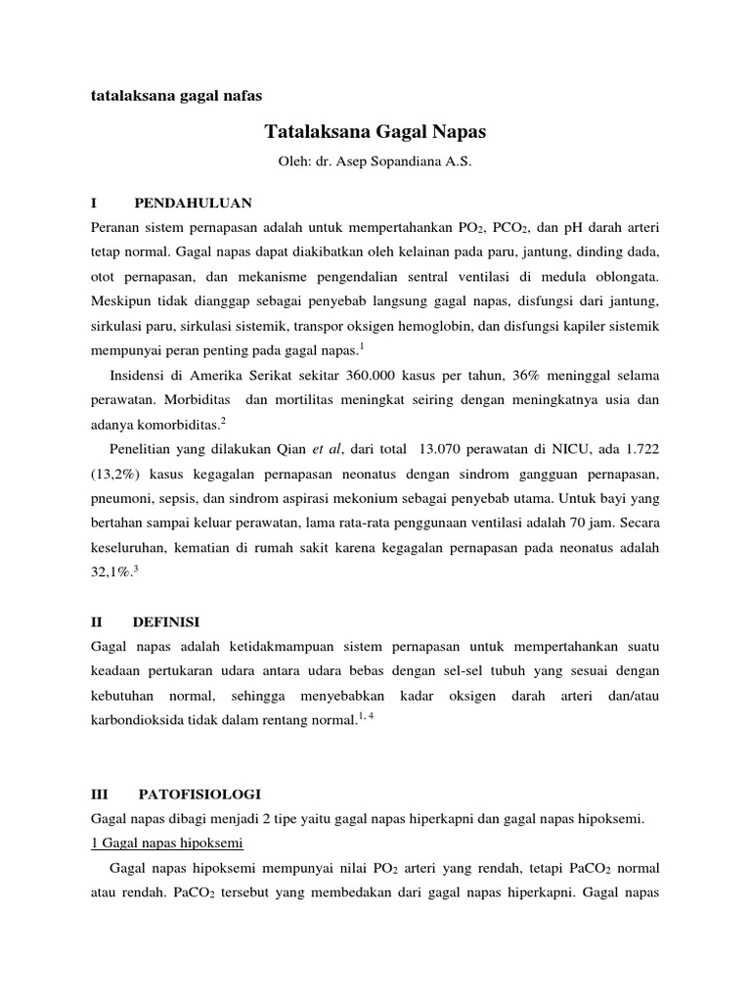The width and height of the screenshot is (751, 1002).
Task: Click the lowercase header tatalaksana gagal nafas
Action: (177, 96)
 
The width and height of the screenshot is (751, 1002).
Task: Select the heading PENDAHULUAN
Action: (194, 204)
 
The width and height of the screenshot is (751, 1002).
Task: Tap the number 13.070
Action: (444, 451)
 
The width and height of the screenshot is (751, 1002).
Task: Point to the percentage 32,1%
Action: (110, 575)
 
